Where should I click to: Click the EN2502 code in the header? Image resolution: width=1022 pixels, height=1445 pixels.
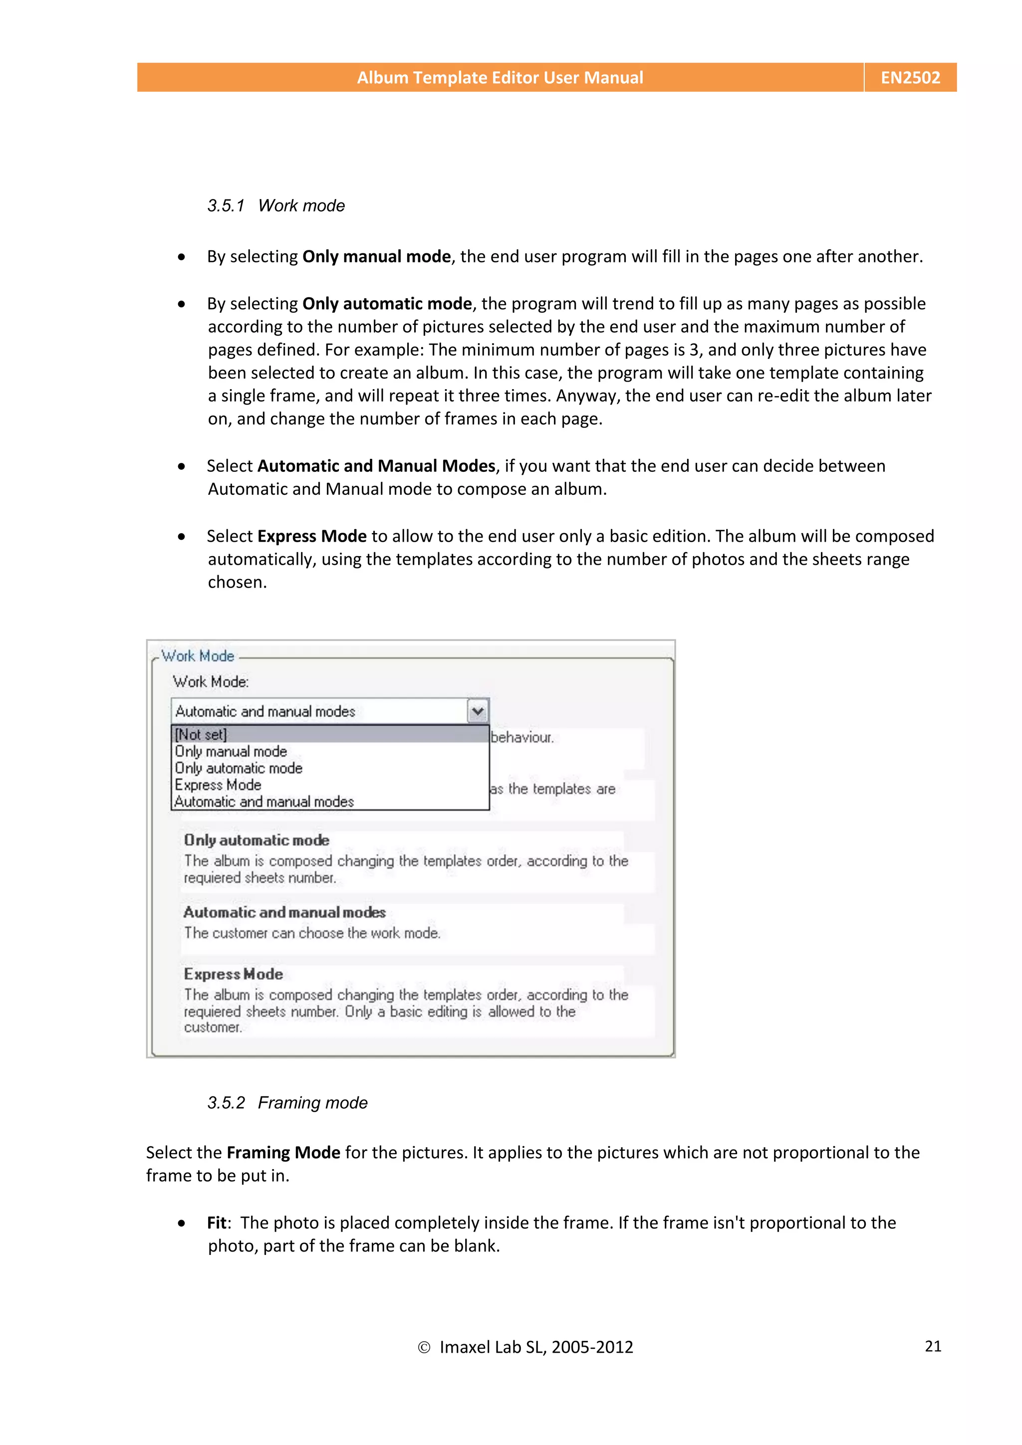910,77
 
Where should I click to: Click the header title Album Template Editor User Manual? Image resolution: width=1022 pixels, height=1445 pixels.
500,77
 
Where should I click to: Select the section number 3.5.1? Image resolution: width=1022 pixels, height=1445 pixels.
226,206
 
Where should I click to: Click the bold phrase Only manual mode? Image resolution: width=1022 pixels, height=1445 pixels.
376,257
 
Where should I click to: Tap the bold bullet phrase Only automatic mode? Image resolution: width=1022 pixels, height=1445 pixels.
387,304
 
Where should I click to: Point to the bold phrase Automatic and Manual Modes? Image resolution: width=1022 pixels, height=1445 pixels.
376,466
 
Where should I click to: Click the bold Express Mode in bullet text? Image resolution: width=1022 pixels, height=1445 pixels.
312,536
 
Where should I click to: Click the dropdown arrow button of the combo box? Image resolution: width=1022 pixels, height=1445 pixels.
477,711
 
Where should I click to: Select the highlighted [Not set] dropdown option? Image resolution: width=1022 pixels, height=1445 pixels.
201,734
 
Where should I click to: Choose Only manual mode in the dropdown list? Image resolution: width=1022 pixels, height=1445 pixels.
231,752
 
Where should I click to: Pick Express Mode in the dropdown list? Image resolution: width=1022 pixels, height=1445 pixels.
218,785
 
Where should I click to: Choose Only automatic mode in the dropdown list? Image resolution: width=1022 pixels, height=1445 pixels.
239,769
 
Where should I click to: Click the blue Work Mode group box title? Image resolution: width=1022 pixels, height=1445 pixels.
198,656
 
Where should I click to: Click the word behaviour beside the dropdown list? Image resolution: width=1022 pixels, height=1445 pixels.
522,738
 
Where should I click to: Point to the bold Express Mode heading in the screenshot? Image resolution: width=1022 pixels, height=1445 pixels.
234,974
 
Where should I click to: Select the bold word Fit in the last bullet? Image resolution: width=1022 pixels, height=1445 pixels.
217,1223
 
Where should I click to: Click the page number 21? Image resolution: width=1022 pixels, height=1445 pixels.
933,1346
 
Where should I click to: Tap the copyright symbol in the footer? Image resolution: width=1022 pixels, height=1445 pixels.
424,1347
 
